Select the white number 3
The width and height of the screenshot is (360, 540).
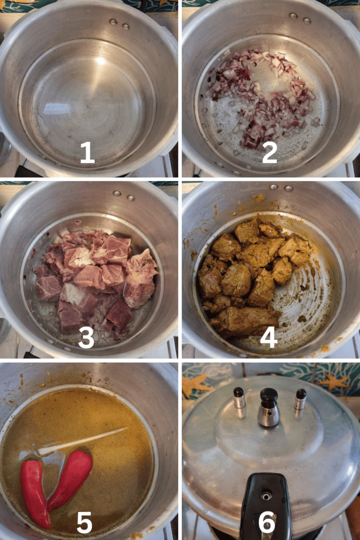click(x=86, y=337)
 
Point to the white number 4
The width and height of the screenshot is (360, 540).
click(x=268, y=337)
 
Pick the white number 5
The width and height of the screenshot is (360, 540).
click(x=85, y=522)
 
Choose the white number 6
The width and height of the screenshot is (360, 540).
click(x=267, y=522)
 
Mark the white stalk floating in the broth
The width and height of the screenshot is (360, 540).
click(x=83, y=441)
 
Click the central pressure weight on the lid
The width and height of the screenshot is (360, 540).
click(x=269, y=408)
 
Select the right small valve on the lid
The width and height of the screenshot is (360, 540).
click(x=300, y=400)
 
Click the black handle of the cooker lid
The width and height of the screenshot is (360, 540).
click(x=266, y=506)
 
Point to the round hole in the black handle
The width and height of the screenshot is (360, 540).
click(x=266, y=496)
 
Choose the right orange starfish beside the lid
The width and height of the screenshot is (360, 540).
click(x=334, y=382)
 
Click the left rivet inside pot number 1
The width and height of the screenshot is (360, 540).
click(x=113, y=22)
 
